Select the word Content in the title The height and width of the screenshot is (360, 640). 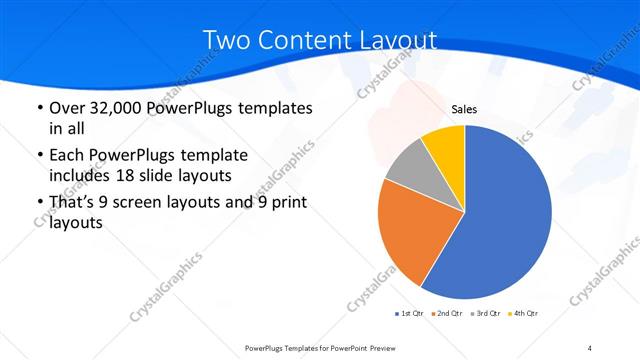point(301,40)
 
